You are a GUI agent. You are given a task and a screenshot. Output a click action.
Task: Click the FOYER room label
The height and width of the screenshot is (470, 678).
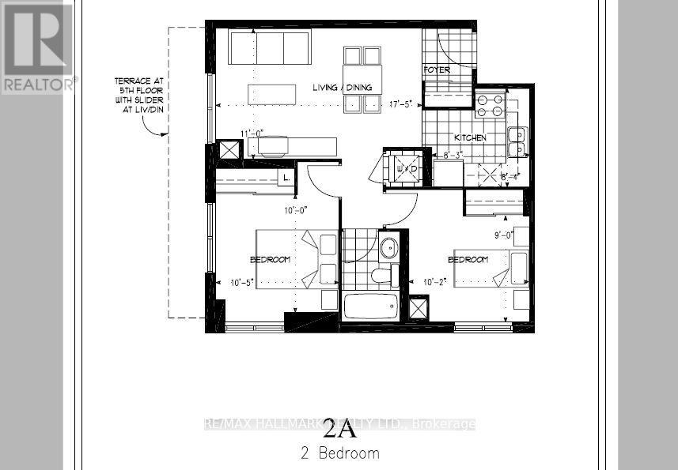tap(437, 70)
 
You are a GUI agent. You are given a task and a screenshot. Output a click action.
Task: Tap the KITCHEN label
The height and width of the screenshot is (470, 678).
tap(469, 137)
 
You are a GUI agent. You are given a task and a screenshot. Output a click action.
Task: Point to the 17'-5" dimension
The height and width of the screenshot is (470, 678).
tap(398, 103)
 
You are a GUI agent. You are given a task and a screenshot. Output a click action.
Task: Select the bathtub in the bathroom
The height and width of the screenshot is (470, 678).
tap(372, 306)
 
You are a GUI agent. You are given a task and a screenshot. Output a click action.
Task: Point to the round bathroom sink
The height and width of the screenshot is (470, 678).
tap(388, 248)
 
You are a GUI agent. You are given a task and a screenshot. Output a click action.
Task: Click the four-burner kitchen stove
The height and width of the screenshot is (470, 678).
tap(489, 105)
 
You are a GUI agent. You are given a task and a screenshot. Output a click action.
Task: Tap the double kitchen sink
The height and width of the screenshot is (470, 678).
tap(517, 141)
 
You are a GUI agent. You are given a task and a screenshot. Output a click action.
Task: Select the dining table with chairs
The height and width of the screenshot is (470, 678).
tap(362, 79)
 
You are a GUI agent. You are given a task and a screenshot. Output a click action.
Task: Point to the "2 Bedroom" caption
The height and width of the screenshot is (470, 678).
tap(339, 453)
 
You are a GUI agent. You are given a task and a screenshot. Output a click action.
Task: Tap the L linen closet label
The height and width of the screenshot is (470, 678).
tap(285, 178)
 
